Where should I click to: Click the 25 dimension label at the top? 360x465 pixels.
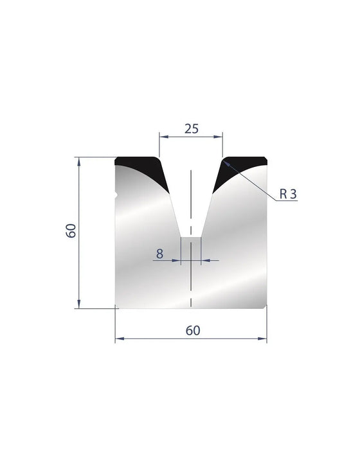tap(192, 129)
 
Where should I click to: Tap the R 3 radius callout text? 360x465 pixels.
tap(288, 194)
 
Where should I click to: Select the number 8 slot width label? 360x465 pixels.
tap(159, 254)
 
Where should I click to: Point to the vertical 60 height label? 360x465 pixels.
tap(71, 231)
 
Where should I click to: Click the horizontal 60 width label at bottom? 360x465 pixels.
tap(193, 330)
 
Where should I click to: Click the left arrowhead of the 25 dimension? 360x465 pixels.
tap(164, 137)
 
